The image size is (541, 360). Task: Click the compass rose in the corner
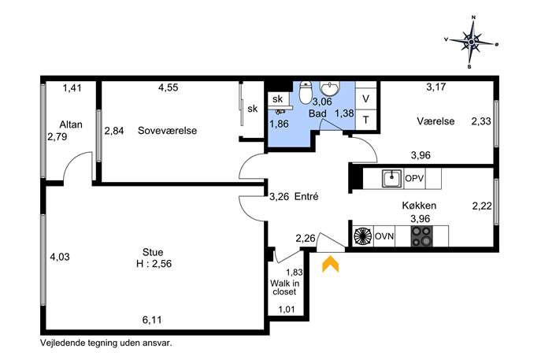tap(471, 42)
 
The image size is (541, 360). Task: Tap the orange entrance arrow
tap(331, 264)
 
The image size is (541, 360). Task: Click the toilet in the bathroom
tap(305, 92)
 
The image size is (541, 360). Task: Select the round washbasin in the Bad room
tap(330, 88)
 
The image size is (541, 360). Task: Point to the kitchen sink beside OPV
tap(392, 179)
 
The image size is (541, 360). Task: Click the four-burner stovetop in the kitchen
tap(421, 236)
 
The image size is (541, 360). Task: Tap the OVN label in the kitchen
tap(384, 236)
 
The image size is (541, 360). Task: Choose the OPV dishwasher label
tap(414, 179)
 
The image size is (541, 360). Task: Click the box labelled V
tap(365, 99)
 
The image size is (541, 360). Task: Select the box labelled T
tap(365, 120)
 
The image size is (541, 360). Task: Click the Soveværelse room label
tap(167, 131)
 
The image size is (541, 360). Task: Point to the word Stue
tap(153, 252)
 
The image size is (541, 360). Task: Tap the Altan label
tap(71, 124)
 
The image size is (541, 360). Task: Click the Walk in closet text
tap(284, 288)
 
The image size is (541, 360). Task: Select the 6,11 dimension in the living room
tap(152, 320)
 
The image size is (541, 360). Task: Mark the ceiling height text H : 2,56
tap(154, 264)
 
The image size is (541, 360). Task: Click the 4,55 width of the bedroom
tap(169, 87)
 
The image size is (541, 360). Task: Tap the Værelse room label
tap(435, 121)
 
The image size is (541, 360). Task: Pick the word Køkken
tap(419, 206)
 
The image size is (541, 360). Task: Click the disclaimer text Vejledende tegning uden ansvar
tap(106, 343)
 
